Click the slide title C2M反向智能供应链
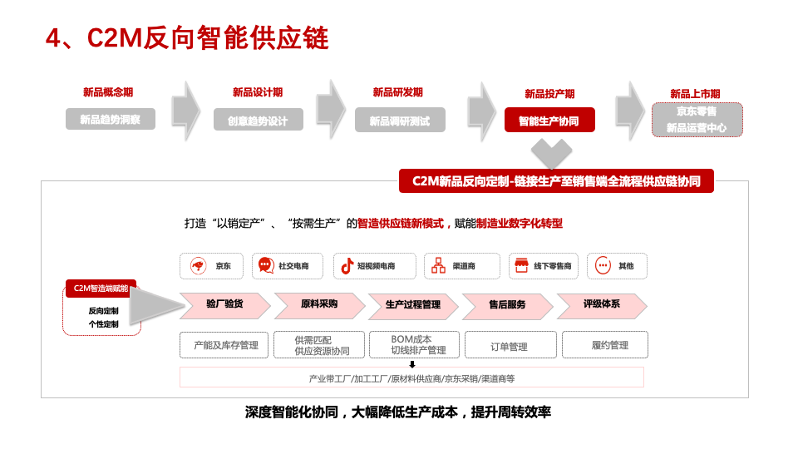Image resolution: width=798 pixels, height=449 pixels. [187, 38]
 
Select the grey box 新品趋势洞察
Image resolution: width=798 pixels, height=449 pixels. [111, 120]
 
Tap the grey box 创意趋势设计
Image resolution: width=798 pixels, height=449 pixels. [258, 121]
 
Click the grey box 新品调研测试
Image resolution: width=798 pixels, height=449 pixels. [399, 121]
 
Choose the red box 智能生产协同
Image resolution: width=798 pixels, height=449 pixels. [549, 121]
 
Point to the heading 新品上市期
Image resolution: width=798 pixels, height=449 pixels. [695, 93]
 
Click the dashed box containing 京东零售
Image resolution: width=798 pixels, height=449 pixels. [696, 119]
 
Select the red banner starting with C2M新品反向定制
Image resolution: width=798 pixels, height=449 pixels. [555, 181]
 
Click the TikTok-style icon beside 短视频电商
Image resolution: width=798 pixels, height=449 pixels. [348, 266]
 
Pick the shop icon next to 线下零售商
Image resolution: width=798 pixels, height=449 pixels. [522, 266]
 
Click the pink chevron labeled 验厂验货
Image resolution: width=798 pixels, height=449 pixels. [224, 305]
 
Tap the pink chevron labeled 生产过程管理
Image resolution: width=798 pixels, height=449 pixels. [412, 305]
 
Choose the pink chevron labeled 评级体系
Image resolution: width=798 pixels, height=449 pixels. [601, 305]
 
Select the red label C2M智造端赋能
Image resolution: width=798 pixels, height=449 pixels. [101, 289]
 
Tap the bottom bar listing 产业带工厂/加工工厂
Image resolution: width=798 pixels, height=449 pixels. [412, 378]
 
